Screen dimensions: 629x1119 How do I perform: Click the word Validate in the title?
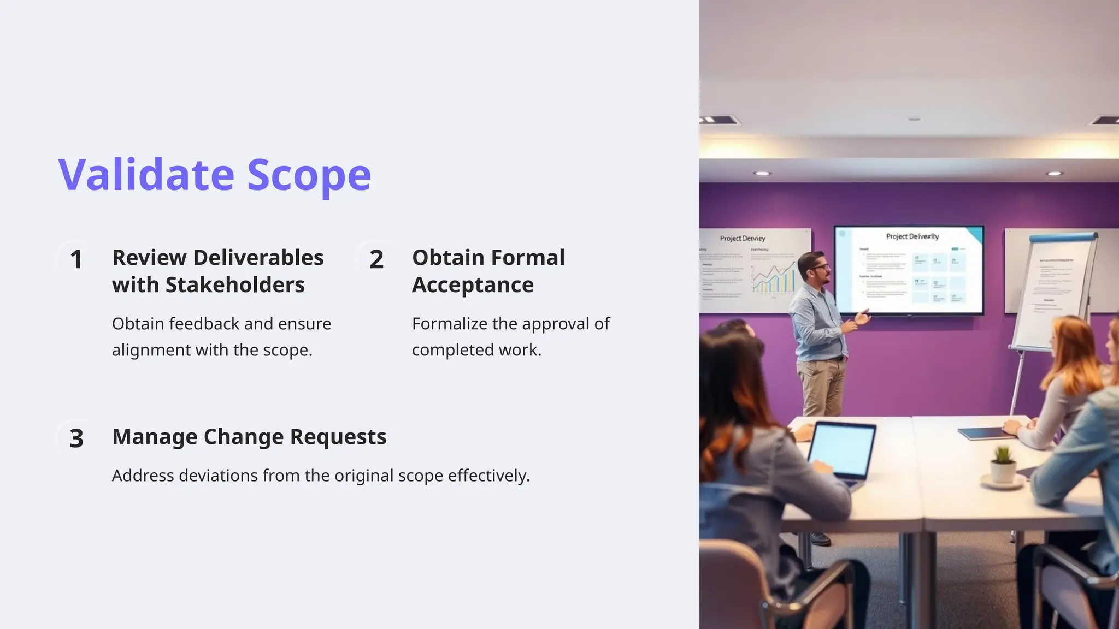pos(146,175)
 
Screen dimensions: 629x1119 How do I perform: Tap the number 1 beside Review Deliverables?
pos(76,259)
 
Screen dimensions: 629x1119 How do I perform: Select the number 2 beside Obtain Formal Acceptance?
pos(376,259)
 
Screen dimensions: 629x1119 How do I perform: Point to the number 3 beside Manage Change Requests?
pos(76,438)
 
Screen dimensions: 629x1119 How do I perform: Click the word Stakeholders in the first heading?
pos(235,285)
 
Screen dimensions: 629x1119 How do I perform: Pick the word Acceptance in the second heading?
pos(473,285)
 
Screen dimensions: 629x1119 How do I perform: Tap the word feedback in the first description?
pos(204,324)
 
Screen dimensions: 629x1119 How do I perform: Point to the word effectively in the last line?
pos(488,476)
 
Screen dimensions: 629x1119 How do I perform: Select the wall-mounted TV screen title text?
pos(912,236)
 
